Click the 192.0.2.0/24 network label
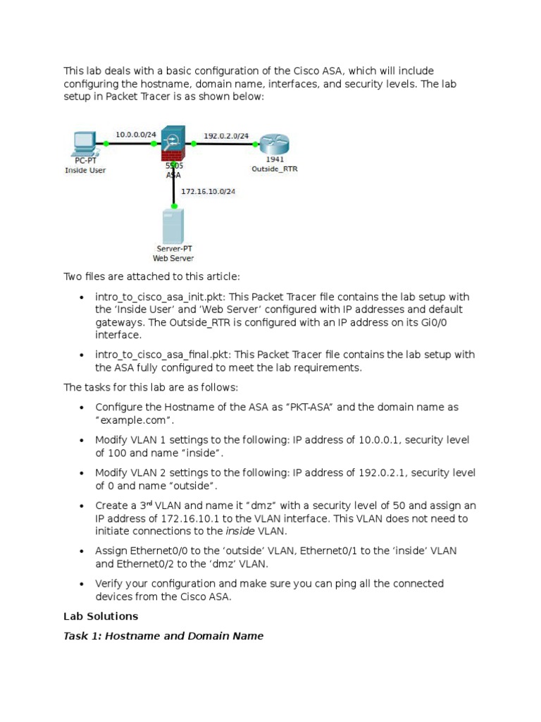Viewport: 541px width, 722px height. click(225, 135)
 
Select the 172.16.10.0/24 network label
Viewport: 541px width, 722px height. click(209, 191)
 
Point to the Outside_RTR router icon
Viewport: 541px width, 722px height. click(273, 144)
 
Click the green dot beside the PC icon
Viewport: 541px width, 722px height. click(106, 143)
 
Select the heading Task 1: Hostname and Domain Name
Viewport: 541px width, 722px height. click(163, 636)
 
